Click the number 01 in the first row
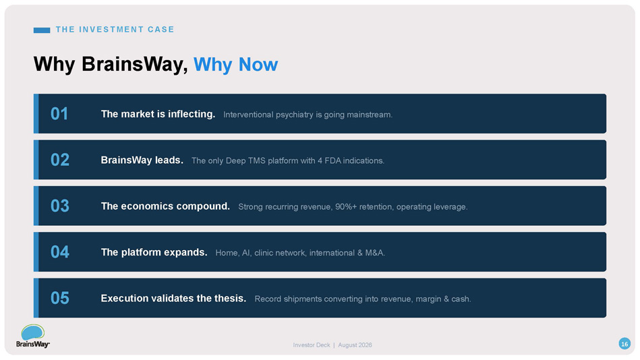59,114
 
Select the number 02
60,160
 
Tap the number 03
60,206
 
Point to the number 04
60,252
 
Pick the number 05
60,299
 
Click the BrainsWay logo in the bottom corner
33,336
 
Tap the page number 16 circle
624,344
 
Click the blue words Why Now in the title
235,65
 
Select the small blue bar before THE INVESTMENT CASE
42,30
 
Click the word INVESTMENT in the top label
111,30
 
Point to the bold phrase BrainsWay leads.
142,160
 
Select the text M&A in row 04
375,253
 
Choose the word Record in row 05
268,299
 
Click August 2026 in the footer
355,345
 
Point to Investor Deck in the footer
312,345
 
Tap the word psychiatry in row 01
295,115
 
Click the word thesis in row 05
230,299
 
